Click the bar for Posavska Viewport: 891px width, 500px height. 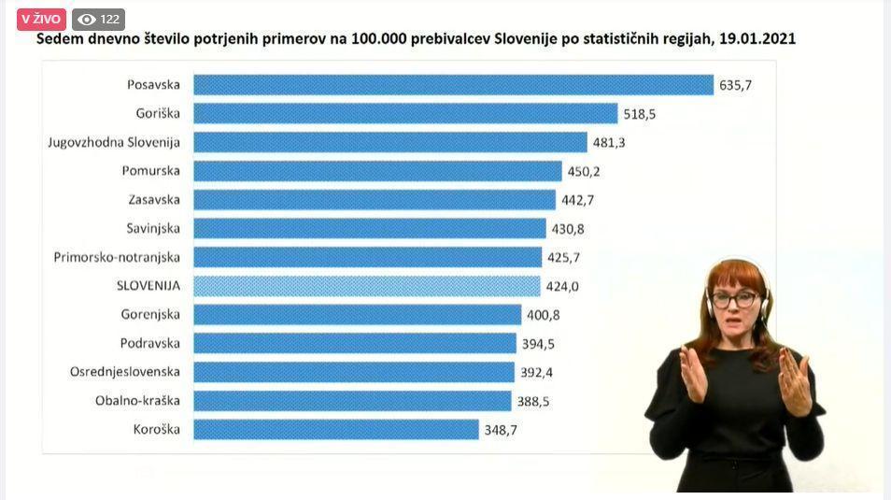[453, 85]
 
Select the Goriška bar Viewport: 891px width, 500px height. [405, 113]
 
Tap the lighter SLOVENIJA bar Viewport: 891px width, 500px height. [367, 286]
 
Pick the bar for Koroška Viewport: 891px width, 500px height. [335, 430]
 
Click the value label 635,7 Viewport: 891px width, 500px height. [735, 85]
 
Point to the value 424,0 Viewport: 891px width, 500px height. [562, 286]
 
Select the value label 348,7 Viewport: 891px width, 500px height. [501, 430]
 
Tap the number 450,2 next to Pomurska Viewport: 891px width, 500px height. [584, 171]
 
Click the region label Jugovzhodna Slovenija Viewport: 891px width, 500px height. [114, 142]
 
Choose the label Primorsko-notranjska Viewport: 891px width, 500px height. [117, 257]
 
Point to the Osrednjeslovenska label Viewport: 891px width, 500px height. [125, 372]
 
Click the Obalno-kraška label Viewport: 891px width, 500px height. [137, 401]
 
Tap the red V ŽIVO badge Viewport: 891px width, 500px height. [41, 19]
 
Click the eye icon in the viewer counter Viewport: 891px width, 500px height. [87, 19]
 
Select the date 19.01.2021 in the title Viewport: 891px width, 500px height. [757, 39]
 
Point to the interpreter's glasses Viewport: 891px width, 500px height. [734, 299]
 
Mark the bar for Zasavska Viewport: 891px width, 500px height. [374, 200]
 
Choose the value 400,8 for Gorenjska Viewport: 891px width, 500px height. [543, 315]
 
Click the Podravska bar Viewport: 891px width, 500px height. [354, 343]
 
